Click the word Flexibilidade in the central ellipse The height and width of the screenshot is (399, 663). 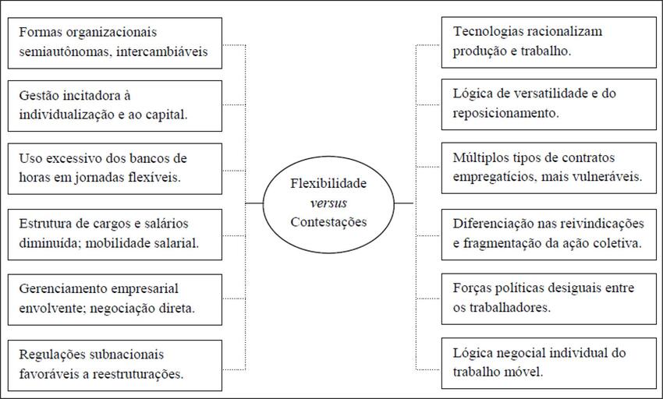328,186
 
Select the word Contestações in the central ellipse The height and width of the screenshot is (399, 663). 328,221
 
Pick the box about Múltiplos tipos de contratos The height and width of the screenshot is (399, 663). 549,167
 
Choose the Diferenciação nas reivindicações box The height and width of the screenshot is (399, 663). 549,233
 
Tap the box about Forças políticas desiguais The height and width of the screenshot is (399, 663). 549,297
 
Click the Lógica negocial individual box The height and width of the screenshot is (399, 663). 549,362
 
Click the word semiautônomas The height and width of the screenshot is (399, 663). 58,52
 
